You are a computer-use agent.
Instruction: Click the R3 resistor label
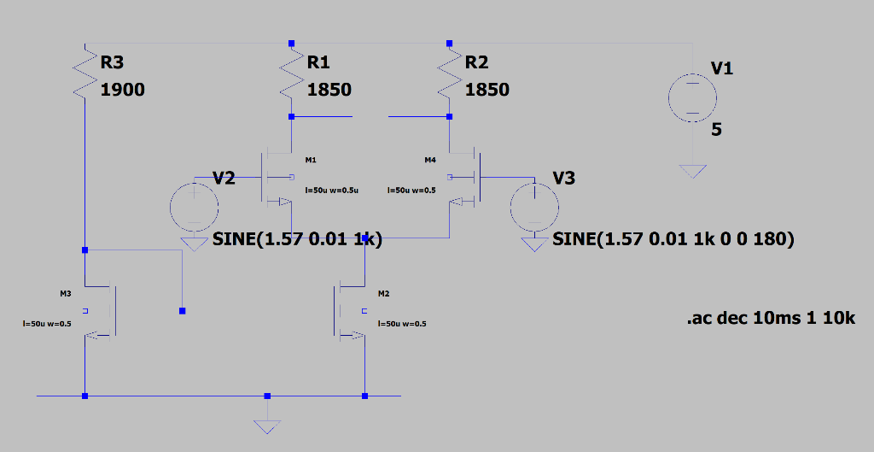112,62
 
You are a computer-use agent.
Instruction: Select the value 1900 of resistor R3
123,90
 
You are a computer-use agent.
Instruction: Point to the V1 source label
722,68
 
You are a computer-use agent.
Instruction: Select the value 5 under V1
717,130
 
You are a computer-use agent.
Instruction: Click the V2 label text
224,178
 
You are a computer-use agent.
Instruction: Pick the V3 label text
564,178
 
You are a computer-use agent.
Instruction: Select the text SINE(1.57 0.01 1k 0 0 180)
673,240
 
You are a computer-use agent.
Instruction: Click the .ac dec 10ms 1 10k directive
770,319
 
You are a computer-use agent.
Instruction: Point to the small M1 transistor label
310,160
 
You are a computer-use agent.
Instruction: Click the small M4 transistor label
430,160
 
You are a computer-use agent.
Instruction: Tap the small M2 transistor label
383,294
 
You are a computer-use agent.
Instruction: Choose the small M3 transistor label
66,294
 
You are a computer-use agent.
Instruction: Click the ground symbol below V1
693,171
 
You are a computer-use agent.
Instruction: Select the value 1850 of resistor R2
487,90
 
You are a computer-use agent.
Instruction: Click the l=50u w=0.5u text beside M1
331,191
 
